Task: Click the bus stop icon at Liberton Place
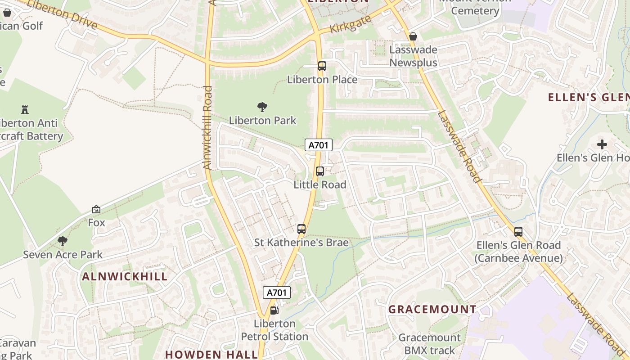[322, 66]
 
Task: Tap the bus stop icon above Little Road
[319, 171]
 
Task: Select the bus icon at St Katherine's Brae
[301, 229]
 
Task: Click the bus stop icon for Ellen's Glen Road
[518, 232]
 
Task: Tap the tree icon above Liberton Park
[262, 107]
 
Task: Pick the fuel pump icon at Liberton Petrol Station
[274, 310]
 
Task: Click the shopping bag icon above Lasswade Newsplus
[413, 36]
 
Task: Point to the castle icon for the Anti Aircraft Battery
[25, 109]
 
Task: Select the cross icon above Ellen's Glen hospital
[602, 144]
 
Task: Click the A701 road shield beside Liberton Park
[319, 145]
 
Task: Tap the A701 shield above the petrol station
[277, 292]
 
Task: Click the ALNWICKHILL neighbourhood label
[125, 277]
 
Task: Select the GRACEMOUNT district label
[432, 310]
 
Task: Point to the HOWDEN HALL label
[211, 354]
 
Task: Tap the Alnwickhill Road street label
[207, 128]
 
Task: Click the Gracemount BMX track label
[429, 344]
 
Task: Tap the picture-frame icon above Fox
[96, 209]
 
